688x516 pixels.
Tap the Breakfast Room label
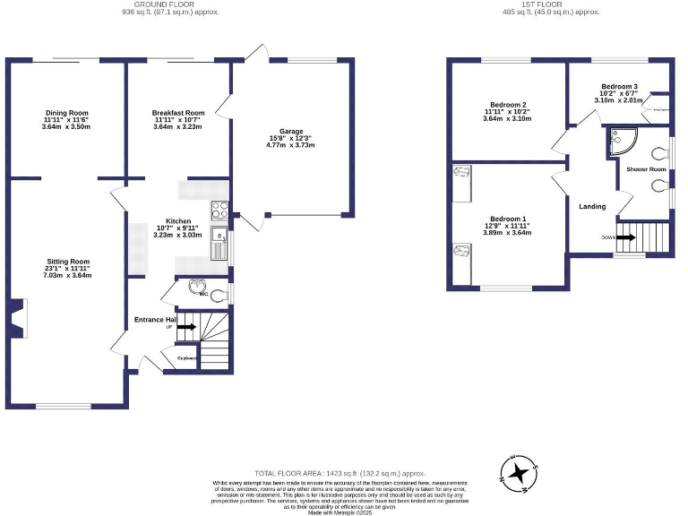(x=178, y=113)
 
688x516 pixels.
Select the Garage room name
(x=289, y=131)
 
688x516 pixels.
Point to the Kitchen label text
(x=179, y=220)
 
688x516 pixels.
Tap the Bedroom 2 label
(x=507, y=105)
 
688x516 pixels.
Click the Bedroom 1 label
(x=507, y=219)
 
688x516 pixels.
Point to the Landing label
(x=592, y=206)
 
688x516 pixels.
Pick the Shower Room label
(x=645, y=168)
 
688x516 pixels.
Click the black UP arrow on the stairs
(x=185, y=328)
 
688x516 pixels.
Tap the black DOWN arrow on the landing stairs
(x=625, y=237)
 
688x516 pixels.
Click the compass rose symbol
(x=519, y=474)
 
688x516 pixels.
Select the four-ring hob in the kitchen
(x=219, y=211)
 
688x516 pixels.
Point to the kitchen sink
(x=218, y=242)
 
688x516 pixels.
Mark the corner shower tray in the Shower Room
(x=621, y=139)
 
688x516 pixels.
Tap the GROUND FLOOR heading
(x=169, y=4)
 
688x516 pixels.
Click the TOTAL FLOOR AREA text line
(x=338, y=472)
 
